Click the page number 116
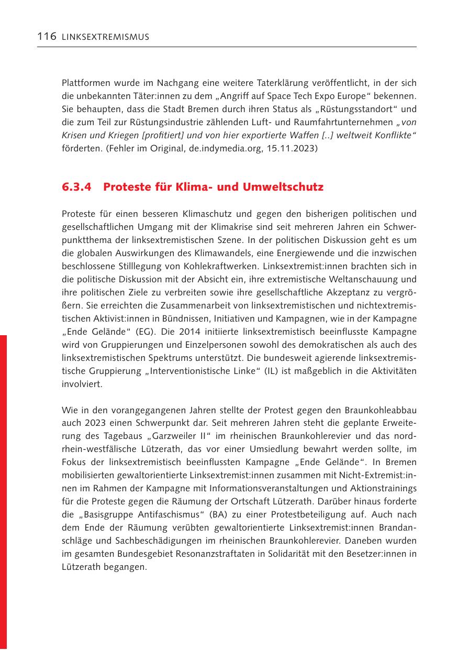47,36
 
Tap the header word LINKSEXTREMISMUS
105,37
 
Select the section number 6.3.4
78,187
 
